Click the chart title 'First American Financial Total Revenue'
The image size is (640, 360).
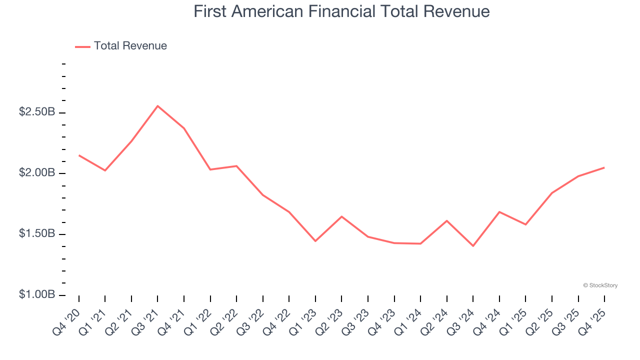tap(341, 11)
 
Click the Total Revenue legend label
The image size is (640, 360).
tap(130, 46)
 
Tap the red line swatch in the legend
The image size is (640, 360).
tap(82, 46)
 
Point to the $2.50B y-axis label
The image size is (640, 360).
tap(37, 112)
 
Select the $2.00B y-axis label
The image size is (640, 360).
tap(37, 173)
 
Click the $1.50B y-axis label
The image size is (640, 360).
tap(37, 234)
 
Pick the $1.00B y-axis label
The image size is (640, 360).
tap(37, 295)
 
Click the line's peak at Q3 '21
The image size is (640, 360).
tap(157, 106)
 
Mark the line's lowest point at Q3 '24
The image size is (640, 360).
tap(473, 246)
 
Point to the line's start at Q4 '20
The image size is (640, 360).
tap(79, 155)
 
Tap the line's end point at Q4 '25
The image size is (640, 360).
tap(604, 167)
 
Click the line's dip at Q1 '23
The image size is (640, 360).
tap(315, 241)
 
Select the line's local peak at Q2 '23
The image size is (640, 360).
tap(341, 216)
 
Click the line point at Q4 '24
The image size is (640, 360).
tap(499, 212)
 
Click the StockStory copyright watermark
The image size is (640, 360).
tap(600, 285)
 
